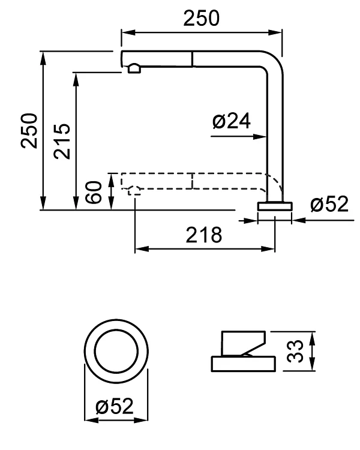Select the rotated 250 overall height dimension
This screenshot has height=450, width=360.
30,130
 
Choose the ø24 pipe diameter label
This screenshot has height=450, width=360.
231,122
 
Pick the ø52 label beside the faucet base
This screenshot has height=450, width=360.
329,205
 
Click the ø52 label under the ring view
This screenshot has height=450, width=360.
114,407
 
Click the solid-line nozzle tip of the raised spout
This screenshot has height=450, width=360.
133,70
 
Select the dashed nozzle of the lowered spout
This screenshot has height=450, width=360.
134,191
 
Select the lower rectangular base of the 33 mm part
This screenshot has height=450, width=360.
243,364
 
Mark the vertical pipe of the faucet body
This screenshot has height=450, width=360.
273,132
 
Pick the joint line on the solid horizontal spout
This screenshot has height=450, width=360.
191,59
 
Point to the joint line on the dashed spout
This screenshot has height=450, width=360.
191,181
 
